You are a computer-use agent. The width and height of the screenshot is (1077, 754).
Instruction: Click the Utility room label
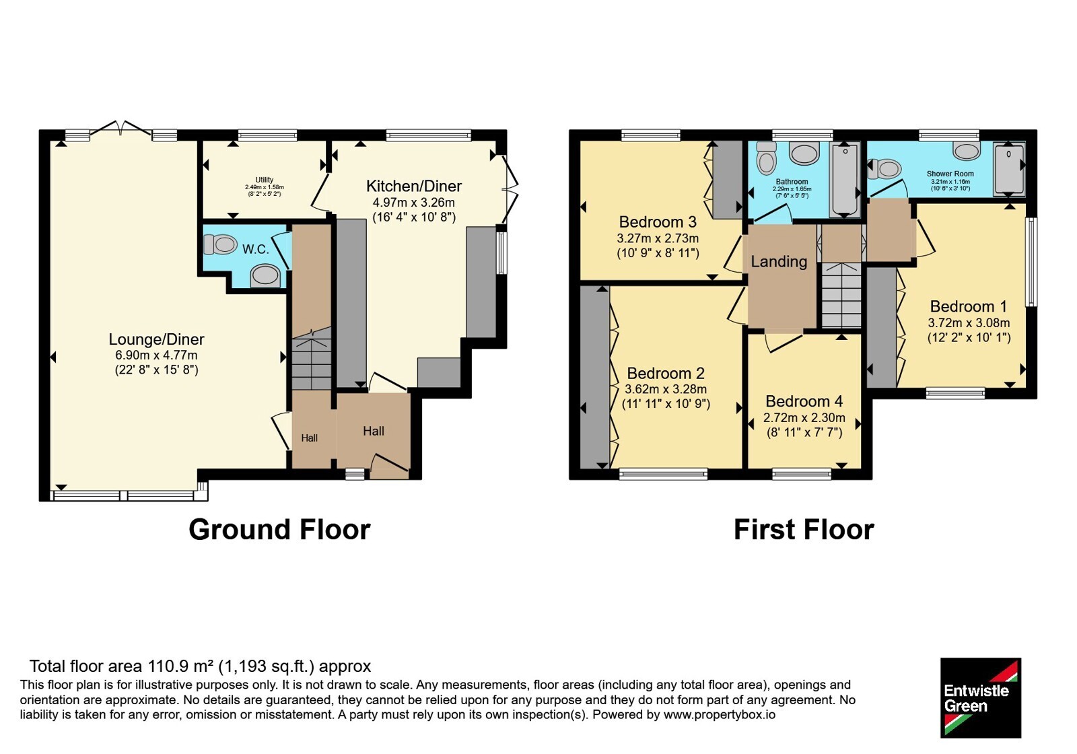(x=265, y=180)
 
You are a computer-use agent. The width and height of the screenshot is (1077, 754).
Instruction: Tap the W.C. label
(x=255, y=249)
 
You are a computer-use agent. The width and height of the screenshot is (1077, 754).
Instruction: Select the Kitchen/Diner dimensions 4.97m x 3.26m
(x=413, y=203)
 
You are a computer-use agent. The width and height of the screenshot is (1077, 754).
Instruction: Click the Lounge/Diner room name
(x=156, y=339)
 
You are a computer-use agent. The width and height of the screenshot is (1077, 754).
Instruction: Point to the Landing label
(x=779, y=262)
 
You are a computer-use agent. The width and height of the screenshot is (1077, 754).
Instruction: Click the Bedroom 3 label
(x=658, y=221)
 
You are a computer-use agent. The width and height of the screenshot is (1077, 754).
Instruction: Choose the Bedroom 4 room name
(x=804, y=401)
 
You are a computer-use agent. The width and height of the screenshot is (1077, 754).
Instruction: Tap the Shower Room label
(x=950, y=174)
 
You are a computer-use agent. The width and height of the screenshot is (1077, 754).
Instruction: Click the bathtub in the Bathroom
(x=844, y=180)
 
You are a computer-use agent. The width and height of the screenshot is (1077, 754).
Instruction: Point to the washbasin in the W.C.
(x=265, y=276)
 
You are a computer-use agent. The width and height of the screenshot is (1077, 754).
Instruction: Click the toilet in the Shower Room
(x=884, y=169)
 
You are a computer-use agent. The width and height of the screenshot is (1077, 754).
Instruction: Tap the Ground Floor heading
(x=279, y=529)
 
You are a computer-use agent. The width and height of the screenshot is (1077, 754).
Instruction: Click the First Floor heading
(x=804, y=529)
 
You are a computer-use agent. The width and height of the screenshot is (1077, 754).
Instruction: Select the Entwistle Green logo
(x=981, y=697)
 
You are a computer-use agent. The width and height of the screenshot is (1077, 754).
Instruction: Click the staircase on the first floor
(x=841, y=295)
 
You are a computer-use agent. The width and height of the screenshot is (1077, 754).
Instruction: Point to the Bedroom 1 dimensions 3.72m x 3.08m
(x=969, y=322)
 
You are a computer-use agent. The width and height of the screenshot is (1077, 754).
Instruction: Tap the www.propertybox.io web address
(x=720, y=714)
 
